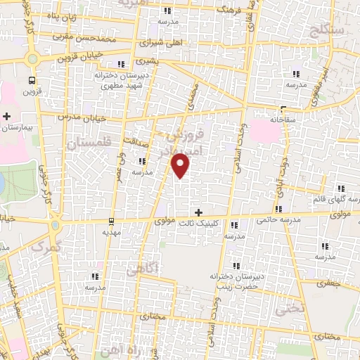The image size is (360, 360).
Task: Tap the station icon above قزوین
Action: (x=32, y=79)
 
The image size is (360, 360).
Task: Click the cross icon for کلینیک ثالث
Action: (x=199, y=212)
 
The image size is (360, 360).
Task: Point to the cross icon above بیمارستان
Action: (x=8, y=116)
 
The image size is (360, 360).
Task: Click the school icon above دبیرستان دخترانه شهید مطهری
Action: (x=121, y=65)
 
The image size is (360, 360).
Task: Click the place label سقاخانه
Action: (x=285, y=120)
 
